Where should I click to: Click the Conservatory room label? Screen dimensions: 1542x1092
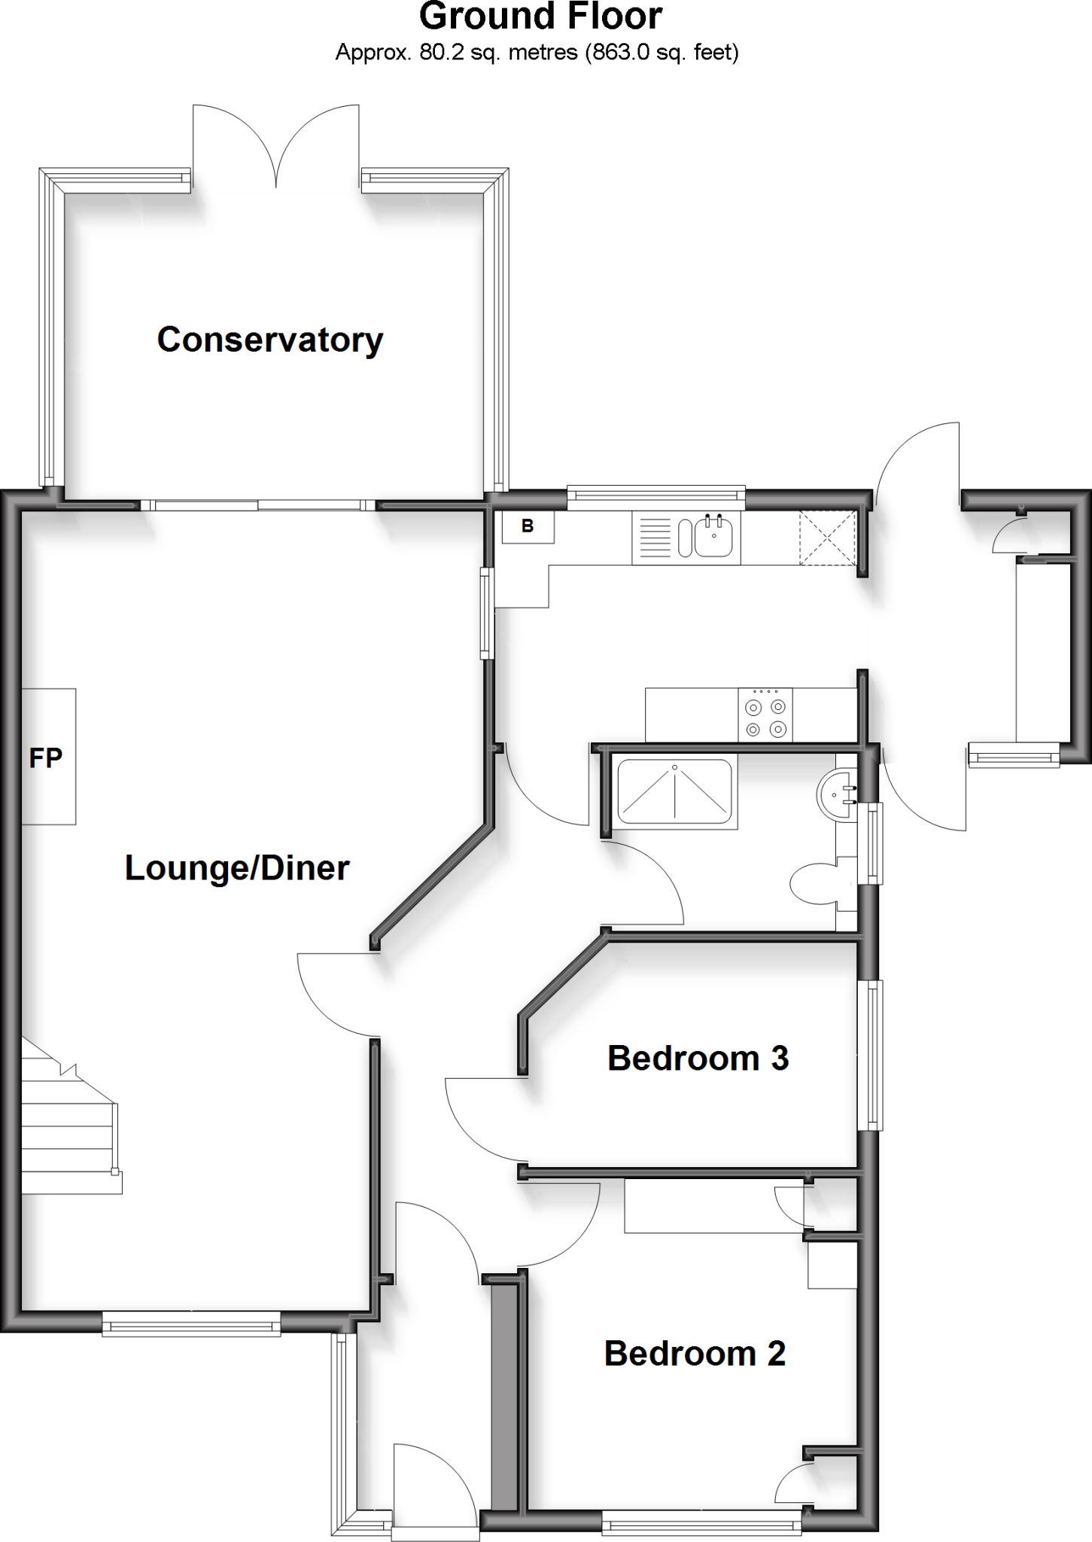269,340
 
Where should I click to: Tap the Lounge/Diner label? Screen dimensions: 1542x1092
237,868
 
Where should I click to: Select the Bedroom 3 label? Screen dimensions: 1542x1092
698,1058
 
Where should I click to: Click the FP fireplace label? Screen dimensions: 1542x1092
46,757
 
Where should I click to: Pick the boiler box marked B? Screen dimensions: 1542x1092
528,526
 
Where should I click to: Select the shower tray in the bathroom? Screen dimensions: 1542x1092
674,791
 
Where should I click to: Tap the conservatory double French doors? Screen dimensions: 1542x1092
276,147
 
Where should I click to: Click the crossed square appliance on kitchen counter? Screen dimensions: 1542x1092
828,537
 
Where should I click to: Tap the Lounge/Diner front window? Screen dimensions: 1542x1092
191,1323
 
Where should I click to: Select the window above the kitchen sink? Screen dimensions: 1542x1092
656,494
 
